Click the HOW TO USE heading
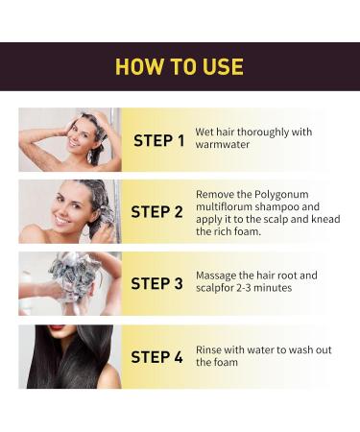pyautogui.click(x=180, y=67)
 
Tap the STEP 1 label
pyautogui.click(x=159, y=140)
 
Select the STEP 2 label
pyautogui.click(x=156, y=211)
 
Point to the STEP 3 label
pyautogui.click(x=156, y=283)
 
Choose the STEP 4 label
pyautogui.click(x=156, y=356)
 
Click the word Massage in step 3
pyautogui.click(x=218, y=276)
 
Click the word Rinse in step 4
pyautogui.click(x=210, y=349)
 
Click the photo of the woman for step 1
pyautogui.click(x=69, y=139)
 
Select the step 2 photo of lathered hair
pyautogui.click(x=69, y=211)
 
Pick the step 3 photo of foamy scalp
pyautogui.click(x=69, y=283)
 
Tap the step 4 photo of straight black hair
pyautogui.click(x=69, y=356)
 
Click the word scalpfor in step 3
pyautogui.click(x=216, y=289)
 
